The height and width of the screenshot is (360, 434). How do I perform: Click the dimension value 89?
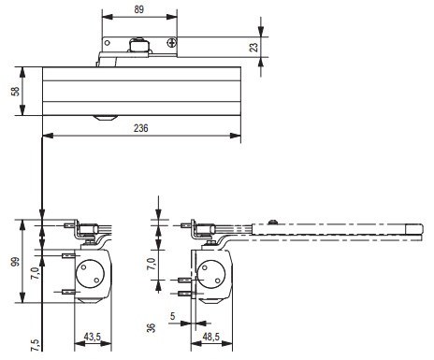click(x=139, y=9)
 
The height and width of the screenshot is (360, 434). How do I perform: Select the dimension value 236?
click(x=141, y=128)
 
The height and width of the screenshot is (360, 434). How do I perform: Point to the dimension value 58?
click(x=15, y=92)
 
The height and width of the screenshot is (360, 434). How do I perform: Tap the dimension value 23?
click(x=254, y=47)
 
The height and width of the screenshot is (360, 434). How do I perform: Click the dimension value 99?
click(x=15, y=261)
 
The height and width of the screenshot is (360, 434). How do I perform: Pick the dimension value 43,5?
click(x=93, y=337)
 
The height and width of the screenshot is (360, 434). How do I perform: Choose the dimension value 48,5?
click(x=211, y=337)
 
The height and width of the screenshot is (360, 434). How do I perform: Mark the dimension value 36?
click(x=151, y=328)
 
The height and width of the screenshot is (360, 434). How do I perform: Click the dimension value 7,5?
click(x=36, y=345)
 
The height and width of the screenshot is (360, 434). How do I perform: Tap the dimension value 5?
click(x=173, y=316)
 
